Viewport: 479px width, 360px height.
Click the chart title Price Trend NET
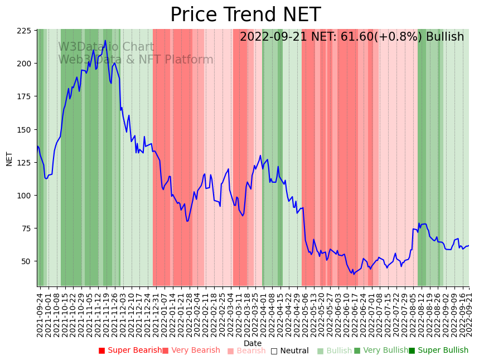coord(245,15)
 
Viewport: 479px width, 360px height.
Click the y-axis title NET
coord(9,158)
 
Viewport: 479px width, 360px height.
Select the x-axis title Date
coord(253,343)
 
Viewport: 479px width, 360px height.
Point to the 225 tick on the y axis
coord(24,31)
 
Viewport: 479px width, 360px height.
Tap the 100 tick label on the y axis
coord(24,196)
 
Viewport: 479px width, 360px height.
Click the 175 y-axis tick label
coord(24,96)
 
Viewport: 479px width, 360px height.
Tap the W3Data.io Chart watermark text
coord(106,47)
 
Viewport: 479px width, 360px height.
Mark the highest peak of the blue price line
coord(105,41)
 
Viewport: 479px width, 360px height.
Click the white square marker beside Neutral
coord(274,351)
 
